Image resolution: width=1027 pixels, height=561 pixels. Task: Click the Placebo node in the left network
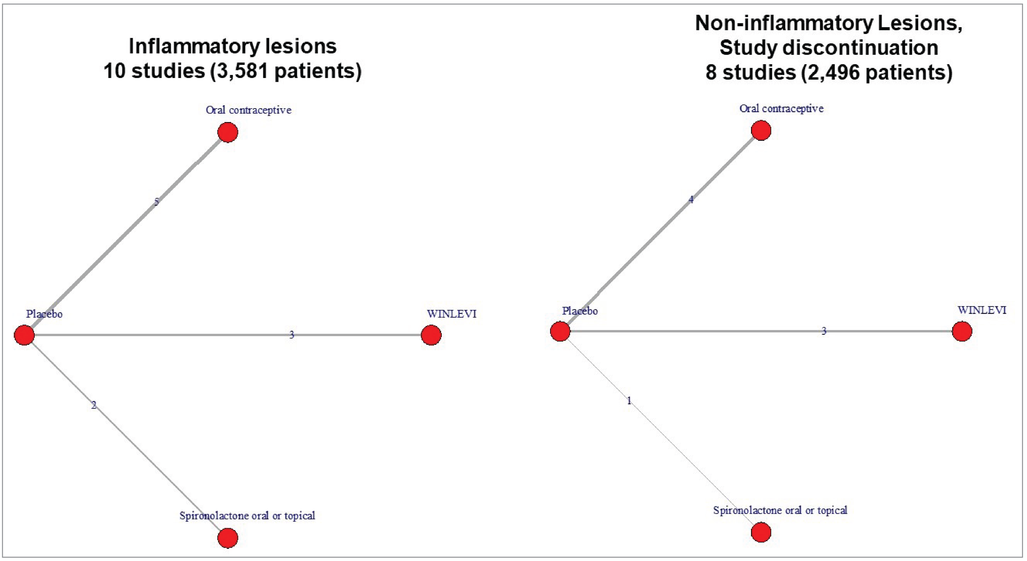point(24,335)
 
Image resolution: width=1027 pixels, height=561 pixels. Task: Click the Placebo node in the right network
point(560,331)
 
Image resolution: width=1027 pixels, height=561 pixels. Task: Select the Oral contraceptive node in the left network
point(228,132)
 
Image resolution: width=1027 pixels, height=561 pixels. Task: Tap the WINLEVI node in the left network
point(431,335)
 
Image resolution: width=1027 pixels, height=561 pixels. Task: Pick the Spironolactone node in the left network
point(228,538)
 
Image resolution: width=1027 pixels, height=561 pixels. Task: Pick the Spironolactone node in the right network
point(761,532)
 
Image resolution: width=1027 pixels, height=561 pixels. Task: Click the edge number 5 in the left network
point(156,202)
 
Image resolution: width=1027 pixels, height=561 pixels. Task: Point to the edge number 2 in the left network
point(94,405)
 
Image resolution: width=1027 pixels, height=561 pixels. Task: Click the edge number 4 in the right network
point(691,200)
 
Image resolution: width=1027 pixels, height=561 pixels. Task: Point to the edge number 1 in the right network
point(629,401)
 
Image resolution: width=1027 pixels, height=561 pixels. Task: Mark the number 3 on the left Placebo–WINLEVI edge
point(291,335)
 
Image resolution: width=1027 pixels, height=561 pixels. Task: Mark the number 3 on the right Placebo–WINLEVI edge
point(824,331)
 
